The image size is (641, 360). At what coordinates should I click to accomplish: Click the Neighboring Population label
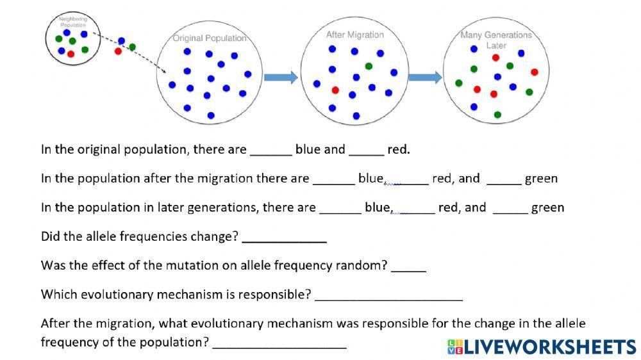72,22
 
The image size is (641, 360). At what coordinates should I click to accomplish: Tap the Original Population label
210,38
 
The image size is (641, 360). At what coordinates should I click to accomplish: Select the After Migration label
355,35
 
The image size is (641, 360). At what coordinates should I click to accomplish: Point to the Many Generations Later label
496,40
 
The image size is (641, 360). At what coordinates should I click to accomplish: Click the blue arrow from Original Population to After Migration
281,78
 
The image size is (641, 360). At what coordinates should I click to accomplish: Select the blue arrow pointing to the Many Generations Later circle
425,78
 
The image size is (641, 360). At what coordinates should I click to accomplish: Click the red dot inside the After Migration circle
335,90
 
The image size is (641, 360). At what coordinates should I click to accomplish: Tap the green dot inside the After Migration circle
369,66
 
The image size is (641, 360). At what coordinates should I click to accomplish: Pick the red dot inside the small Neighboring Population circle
71,54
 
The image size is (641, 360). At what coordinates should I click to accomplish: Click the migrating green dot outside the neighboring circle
132,47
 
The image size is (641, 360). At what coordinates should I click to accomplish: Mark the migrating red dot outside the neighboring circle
118,51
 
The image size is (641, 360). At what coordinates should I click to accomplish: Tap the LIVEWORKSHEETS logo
542,347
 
